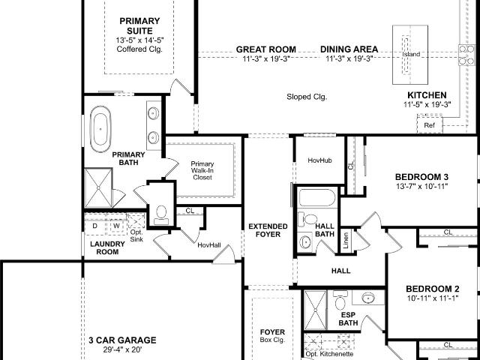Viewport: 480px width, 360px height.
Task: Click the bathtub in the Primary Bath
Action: [x=100, y=129]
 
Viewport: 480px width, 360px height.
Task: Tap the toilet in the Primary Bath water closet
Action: [x=161, y=215]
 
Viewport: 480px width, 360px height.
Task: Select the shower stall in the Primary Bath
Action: [x=98, y=187]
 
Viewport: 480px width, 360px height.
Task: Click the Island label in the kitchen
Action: [x=411, y=54]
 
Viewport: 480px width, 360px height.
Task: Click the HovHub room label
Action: [x=320, y=160]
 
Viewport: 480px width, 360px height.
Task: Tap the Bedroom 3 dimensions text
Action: [x=421, y=186]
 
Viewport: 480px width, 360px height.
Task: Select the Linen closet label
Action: [x=346, y=240]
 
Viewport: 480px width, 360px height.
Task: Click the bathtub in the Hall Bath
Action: [x=317, y=198]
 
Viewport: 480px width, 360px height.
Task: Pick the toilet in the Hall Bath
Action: [x=308, y=219]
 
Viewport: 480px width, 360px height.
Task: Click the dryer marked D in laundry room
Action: [x=95, y=226]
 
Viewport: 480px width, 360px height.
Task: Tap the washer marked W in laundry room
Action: [x=116, y=226]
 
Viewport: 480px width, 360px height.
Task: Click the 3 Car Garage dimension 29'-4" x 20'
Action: [x=122, y=349]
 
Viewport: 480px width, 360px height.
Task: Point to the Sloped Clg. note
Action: [x=307, y=97]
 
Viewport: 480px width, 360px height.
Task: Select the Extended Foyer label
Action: [x=268, y=230]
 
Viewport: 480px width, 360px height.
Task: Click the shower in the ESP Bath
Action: [x=315, y=310]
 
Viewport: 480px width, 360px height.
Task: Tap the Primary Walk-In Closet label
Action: [x=202, y=170]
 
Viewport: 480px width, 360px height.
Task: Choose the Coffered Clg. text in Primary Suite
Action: [x=139, y=49]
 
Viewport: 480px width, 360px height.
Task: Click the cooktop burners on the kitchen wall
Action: [x=466, y=55]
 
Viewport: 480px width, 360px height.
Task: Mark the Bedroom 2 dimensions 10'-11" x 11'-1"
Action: [x=433, y=298]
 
